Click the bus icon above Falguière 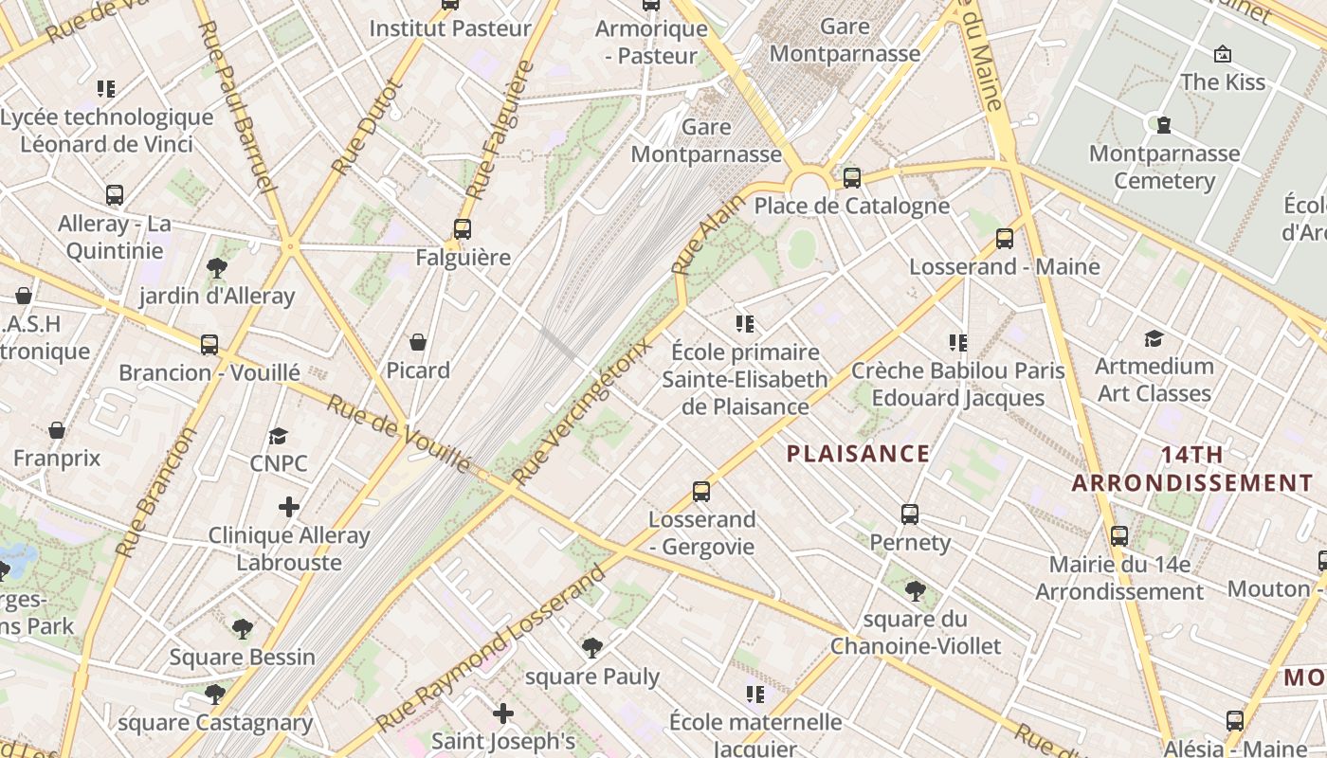[x=462, y=228]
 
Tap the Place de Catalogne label [x=851, y=206]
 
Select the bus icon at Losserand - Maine [x=1005, y=238]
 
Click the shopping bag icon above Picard [x=418, y=341]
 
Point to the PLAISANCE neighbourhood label [x=858, y=454]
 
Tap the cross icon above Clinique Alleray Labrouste [x=289, y=507]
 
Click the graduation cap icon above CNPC [x=278, y=436]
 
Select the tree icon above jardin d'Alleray [x=216, y=267]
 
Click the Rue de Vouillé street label [x=398, y=433]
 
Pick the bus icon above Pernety [x=910, y=514]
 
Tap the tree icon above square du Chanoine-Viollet [x=916, y=592]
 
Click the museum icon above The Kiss [x=1223, y=54]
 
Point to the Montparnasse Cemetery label [x=1164, y=167]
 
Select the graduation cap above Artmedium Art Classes [x=1154, y=338]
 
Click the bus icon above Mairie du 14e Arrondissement [x=1119, y=536]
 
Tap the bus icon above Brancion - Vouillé [x=209, y=344]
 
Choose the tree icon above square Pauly [x=592, y=648]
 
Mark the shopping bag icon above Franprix [x=57, y=430]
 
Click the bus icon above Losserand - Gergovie [x=701, y=491]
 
